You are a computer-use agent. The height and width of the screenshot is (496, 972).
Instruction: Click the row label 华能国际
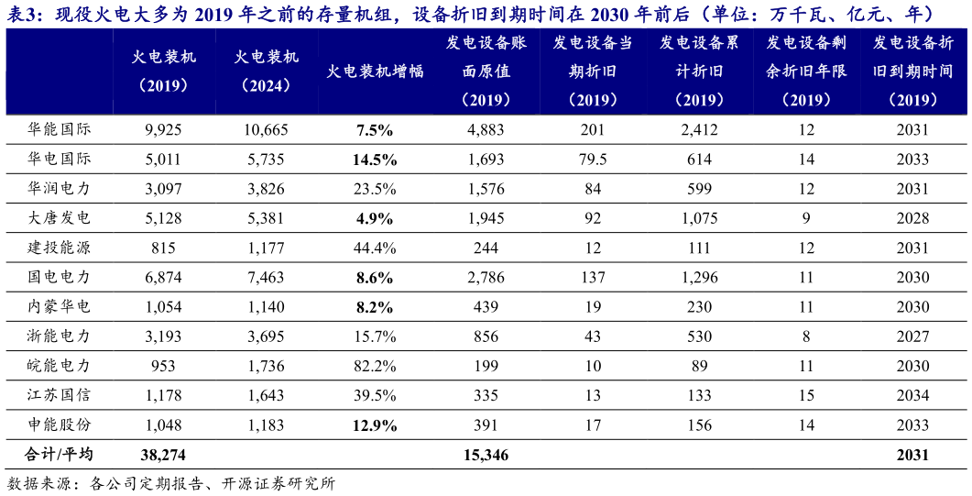(x=60, y=129)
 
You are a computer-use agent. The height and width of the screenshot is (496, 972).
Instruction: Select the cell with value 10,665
(x=266, y=129)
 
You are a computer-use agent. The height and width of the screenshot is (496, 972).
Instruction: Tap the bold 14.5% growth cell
(x=376, y=160)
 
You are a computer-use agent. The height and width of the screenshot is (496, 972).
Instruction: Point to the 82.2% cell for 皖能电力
(x=376, y=366)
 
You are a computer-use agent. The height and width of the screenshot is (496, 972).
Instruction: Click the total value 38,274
(x=164, y=455)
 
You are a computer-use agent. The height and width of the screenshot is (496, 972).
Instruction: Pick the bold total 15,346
(x=486, y=455)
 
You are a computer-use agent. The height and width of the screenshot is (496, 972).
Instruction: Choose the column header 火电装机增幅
(x=376, y=72)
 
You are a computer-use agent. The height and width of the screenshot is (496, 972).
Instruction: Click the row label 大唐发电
(x=60, y=218)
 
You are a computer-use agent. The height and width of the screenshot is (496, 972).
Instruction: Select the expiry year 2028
(x=913, y=218)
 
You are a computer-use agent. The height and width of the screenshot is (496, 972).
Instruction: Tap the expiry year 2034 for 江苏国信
(x=913, y=395)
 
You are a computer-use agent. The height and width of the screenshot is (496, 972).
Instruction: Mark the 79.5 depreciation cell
(x=593, y=160)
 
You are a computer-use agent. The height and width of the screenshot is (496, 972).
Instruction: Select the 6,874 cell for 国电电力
(x=164, y=277)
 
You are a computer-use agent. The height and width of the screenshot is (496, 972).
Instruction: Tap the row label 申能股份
(x=60, y=424)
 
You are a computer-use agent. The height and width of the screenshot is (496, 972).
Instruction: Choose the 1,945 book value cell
(x=486, y=218)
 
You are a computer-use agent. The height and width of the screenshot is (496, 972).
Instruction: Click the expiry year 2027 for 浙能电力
(x=913, y=336)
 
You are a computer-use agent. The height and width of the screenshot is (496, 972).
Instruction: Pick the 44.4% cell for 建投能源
(x=376, y=248)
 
